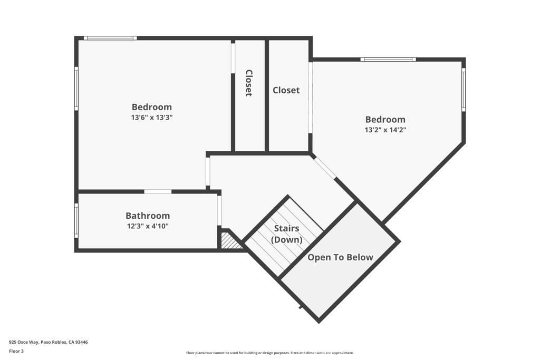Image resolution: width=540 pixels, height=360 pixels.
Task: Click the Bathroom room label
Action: pos(148,216)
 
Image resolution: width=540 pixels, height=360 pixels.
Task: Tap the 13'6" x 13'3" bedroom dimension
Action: pos(151,118)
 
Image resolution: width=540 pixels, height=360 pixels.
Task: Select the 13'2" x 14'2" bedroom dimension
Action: pos(385,130)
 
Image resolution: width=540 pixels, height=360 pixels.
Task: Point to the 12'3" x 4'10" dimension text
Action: pos(148,226)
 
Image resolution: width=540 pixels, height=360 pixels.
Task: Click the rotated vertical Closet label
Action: pos(249,83)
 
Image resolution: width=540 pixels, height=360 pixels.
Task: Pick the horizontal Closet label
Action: pos(286,90)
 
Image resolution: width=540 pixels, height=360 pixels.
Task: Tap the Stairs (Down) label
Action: pos(286,233)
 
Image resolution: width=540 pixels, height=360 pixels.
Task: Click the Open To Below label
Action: pos(340,257)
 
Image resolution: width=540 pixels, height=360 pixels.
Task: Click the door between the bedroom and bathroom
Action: pos(158,191)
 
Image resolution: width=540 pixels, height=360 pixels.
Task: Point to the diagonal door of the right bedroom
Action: pos(325,168)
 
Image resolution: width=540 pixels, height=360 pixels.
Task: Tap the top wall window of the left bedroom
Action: pos(110,38)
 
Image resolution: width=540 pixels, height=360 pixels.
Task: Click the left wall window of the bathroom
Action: pos(76,221)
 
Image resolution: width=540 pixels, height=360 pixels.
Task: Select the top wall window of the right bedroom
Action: pos(388,60)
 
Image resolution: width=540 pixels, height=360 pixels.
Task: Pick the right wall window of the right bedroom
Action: pos(464,90)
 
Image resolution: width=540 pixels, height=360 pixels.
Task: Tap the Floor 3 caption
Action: pos(16,352)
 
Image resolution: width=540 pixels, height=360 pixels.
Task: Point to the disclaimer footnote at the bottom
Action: pos(270,353)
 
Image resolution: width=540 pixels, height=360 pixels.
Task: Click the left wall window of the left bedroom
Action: pos(76,89)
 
